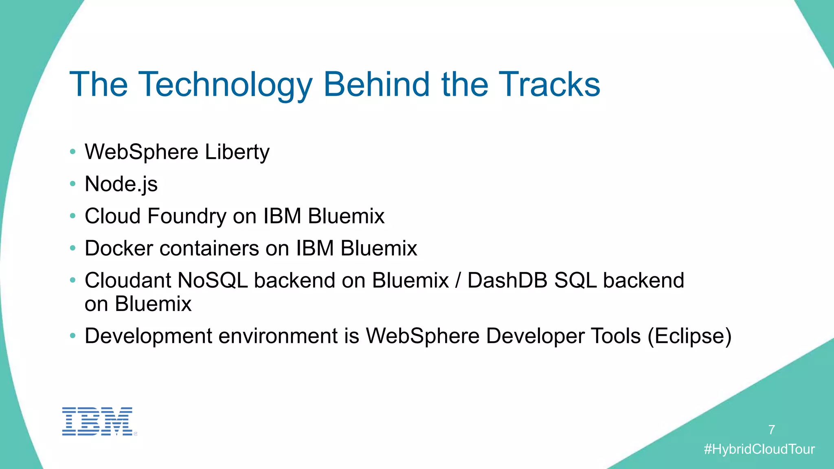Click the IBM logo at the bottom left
tap(98, 421)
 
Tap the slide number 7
tap(771, 430)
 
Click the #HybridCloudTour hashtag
tap(759, 449)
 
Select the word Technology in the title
tap(226, 85)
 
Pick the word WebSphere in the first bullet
tap(141, 152)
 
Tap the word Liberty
tap(237, 152)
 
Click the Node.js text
tap(121, 184)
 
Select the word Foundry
tap(187, 216)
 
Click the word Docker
tap(119, 248)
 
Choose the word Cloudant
tap(128, 281)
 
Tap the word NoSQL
tap(213, 281)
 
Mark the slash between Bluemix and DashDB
tap(458, 281)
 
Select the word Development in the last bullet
tap(148, 336)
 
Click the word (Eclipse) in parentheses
tap(689, 336)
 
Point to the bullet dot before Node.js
tap(72, 184)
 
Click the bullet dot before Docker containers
tap(72, 248)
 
